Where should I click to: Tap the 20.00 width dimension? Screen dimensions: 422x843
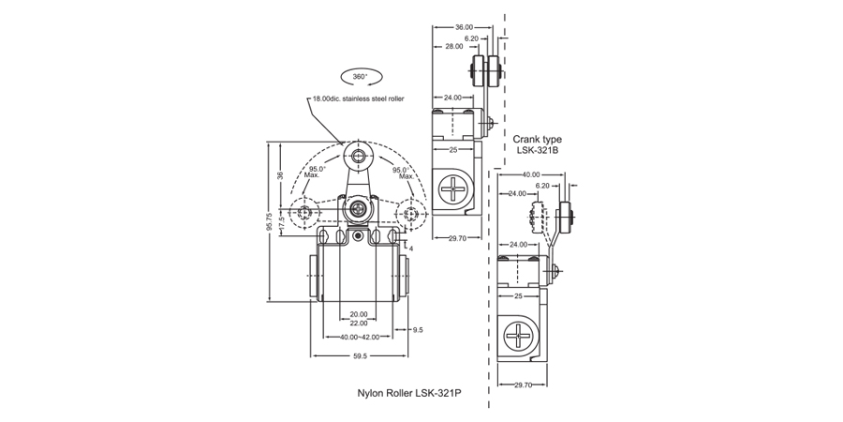[x=357, y=314]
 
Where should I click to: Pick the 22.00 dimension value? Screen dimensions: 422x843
[x=357, y=324]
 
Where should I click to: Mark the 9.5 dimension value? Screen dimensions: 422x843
[x=418, y=330]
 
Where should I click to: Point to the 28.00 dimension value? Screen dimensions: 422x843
[x=454, y=46]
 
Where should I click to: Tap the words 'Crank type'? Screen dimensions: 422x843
[x=538, y=139]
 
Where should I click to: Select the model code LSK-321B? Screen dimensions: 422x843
[x=538, y=150]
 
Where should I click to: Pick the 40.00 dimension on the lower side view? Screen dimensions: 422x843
[x=531, y=174]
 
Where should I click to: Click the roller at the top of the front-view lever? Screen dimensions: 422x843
[x=357, y=156]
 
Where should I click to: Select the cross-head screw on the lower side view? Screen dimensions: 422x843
[x=517, y=335]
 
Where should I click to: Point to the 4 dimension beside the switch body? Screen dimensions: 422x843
[x=412, y=249]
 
